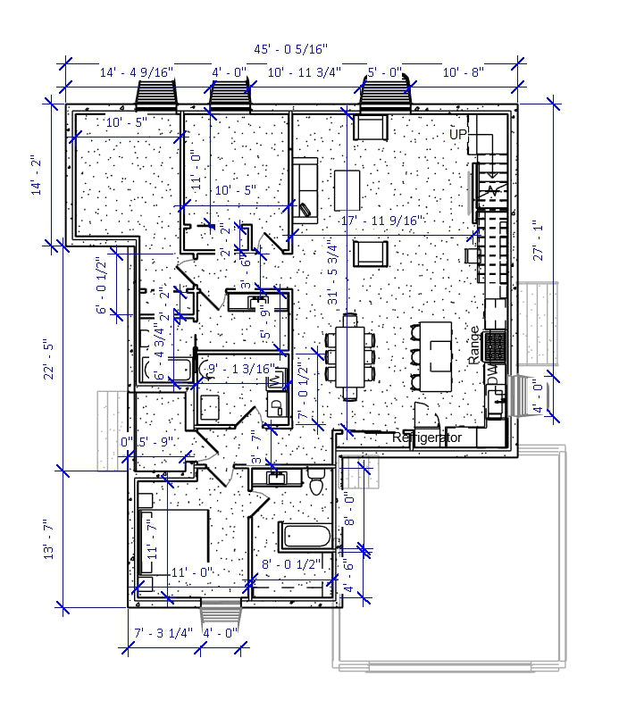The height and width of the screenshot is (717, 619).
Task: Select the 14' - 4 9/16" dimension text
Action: (x=136, y=71)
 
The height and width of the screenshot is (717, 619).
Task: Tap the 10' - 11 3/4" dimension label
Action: (x=304, y=71)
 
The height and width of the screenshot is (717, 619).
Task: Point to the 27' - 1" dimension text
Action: (x=536, y=241)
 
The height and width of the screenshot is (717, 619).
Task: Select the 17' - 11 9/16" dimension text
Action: (x=381, y=221)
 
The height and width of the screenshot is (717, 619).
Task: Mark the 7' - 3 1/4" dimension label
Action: (x=163, y=633)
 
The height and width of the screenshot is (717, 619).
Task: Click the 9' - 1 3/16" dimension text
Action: (x=239, y=367)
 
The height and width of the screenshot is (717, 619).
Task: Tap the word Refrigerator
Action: (x=427, y=438)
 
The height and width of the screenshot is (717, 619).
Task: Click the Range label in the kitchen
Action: (x=473, y=345)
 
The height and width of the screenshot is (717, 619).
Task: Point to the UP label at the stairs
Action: (x=458, y=134)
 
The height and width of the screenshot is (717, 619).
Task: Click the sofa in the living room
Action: (x=305, y=188)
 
